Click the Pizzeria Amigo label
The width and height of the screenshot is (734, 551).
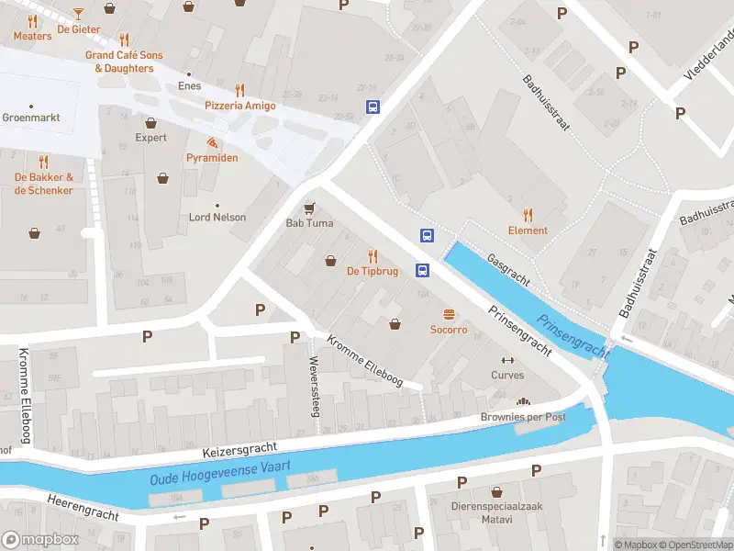pos(239,106)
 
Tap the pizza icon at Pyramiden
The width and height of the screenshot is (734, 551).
pos(212,142)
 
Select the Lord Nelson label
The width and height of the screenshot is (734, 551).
pos(217,218)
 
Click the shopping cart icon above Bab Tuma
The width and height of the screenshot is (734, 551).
pos(309,208)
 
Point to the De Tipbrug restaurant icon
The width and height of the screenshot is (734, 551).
pos(373,255)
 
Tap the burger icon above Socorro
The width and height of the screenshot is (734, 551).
pos(449,314)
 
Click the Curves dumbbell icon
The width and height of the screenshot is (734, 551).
pos(507,360)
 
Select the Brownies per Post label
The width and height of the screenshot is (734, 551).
pos(523,417)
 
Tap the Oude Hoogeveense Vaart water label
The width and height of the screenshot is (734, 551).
pos(220,471)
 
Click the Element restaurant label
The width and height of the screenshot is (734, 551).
pos(528,231)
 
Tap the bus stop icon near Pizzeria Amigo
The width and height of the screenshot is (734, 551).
pos(373,107)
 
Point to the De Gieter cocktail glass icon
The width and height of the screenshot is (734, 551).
pos(78,13)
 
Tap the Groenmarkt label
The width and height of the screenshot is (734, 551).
pos(31,118)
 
